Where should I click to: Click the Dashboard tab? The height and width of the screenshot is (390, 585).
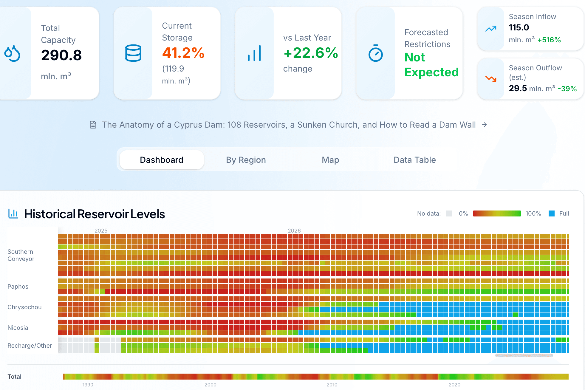click(162, 160)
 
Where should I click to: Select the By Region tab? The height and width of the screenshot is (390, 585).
click(246, 160)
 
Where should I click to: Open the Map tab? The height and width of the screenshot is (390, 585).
click(330, 160)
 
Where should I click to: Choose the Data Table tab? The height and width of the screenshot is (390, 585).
click(414, 160)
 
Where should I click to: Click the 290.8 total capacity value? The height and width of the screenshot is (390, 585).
click(61, 55)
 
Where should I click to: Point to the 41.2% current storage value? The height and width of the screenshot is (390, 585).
click(183, 53)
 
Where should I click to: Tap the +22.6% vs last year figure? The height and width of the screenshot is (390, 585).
click(311, 53)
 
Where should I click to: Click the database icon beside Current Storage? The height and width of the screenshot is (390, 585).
click(133, 53)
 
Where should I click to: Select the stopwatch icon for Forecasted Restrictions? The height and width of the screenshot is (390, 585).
click(375, 53)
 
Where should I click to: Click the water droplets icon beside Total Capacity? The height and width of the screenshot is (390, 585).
click(12, 53)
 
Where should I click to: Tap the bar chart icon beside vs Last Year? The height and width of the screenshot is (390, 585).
click(254, 53)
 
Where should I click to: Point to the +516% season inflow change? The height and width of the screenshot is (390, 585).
click(549, 40)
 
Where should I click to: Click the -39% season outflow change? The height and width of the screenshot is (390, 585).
click(567, 89)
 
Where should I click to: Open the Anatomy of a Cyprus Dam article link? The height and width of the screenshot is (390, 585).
click(289, 125)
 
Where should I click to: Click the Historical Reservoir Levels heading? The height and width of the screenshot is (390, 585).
click(95, 214)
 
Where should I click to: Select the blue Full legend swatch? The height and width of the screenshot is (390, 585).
click(552, 213)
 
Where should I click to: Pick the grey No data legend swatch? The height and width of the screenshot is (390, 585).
click(449, 213)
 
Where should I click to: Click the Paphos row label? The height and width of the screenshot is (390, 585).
click(18, 287)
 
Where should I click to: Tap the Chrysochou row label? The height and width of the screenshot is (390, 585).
click(24, 307)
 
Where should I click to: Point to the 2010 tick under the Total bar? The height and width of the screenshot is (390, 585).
click(332, 385)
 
